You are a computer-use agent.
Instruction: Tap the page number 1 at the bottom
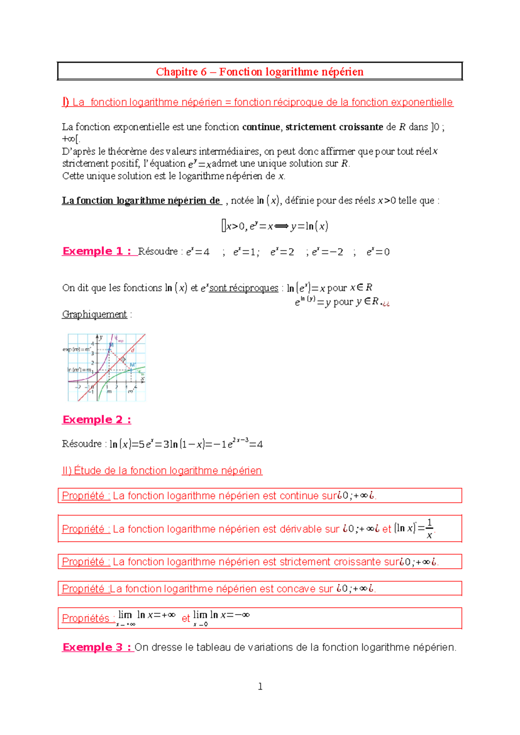tap(260, 686)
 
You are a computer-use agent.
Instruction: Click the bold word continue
tap(261, 127)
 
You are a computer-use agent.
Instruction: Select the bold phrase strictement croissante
tap(334, 127)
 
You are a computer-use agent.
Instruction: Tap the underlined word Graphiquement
tap(94, 314)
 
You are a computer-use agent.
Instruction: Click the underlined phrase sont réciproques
tap(244, 288)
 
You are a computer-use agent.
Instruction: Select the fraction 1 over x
tap(429, 529)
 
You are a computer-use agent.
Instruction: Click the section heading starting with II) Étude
tap(162, 471)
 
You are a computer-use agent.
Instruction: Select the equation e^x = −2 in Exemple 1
tap(328, 252)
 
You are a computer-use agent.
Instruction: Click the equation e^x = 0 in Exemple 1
tap(378, 252)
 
